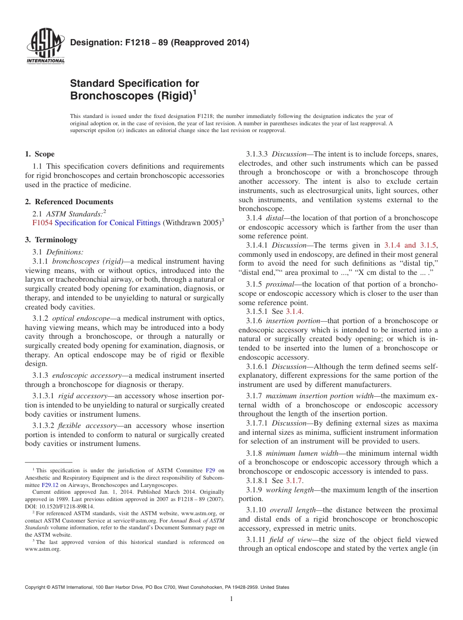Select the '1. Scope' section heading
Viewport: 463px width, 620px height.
[x=39, y=154]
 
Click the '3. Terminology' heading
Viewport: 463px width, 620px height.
[x=51, y=240]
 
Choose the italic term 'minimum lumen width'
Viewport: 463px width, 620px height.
[x=301, y=453]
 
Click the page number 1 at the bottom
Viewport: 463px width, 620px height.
[x=231, y=599]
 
